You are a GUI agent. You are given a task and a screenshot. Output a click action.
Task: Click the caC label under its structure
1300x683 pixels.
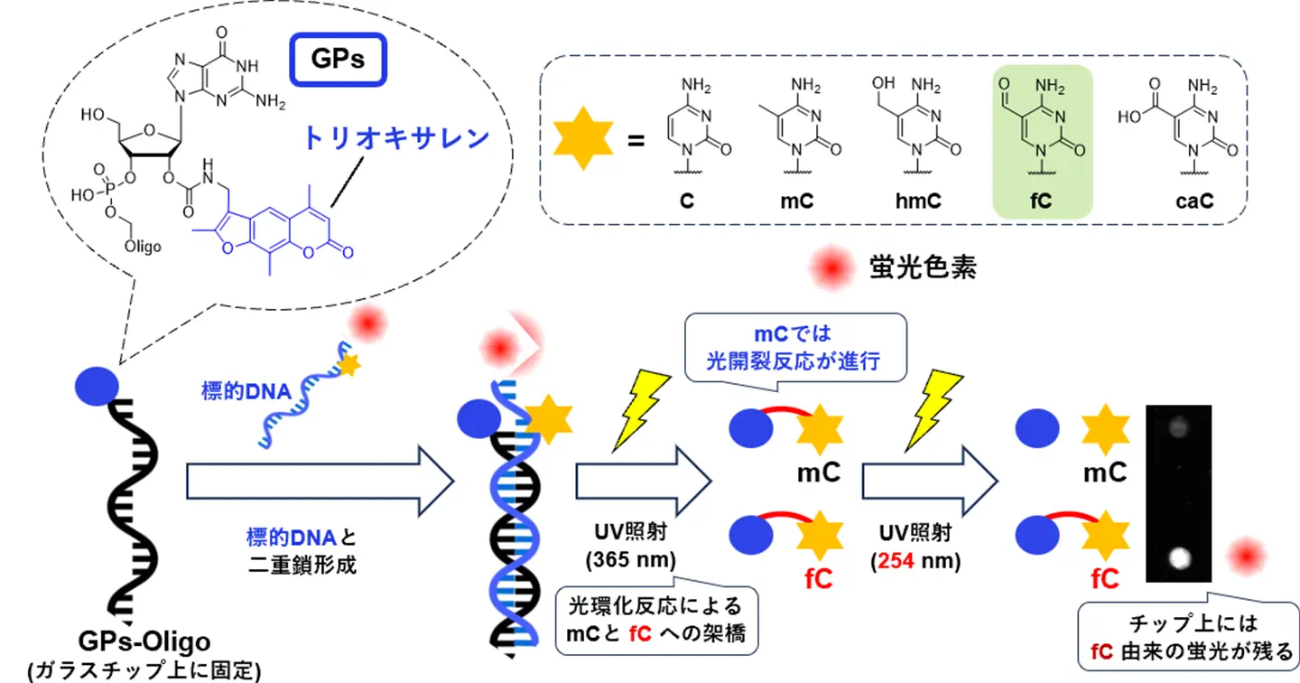[x=1193, y=201]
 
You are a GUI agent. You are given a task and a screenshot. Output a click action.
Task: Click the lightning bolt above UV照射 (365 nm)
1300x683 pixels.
[x=642, y=409]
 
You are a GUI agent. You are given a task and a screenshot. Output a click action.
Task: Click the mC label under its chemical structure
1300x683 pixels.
[x=797, y=201]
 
